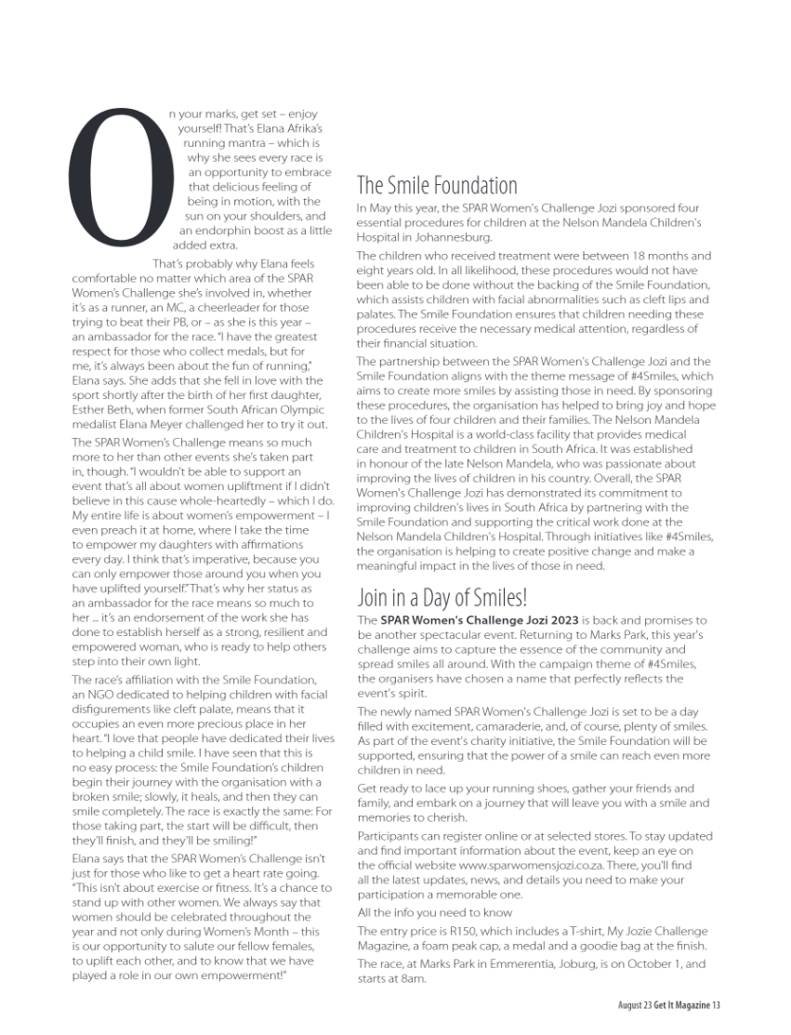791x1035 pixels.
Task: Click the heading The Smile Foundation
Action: tap(437, 185)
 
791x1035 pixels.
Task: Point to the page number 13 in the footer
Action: tap(718, 1005)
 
